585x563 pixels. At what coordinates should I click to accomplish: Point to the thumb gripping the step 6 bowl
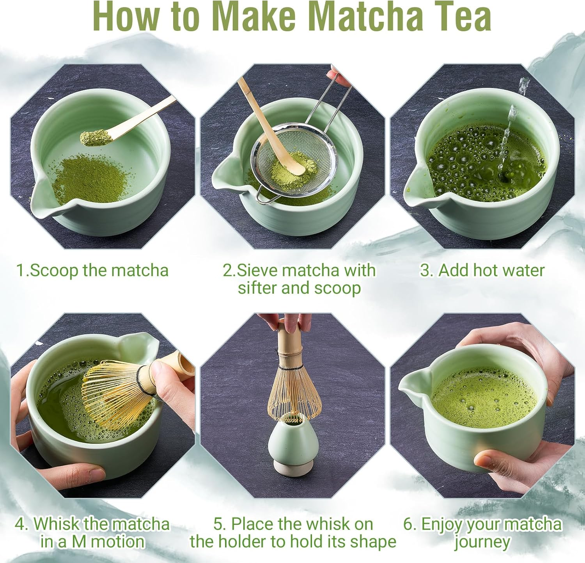(x=491, y=459)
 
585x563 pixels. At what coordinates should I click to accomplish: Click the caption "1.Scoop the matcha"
(x=92, y=270)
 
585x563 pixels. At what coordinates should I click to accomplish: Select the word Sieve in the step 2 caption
(x=258, y=270)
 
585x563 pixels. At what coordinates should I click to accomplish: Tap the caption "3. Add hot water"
(x=482, y=270)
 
